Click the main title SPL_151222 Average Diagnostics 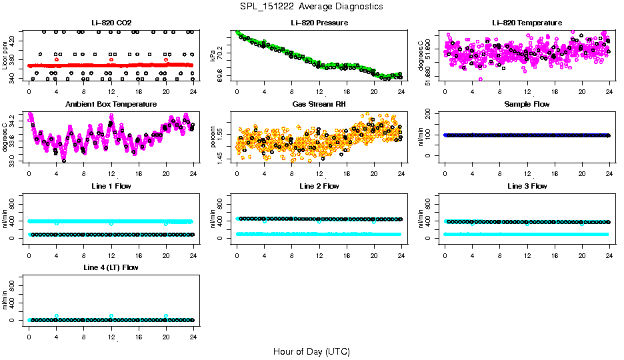tap(312, 6)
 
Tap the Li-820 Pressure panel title tap(319, 23)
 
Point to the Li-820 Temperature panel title tap(527, 23)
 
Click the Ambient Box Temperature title tap(111, 105)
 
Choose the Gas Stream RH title tap(319, 105)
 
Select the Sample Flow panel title tap(527, 105)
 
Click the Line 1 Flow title tap(111, 186)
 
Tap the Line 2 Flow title tap(319, 186)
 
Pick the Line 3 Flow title tap(527, 186)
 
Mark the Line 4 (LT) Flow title tap(111, 267)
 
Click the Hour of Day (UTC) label tap(311, 351)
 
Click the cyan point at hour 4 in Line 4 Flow tap(57, 316)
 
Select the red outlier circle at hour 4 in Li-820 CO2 tap(57, 59)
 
